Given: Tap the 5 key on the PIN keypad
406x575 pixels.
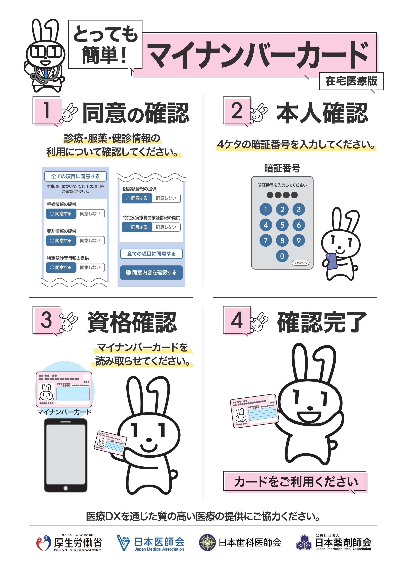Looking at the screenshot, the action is [x=282, y=225].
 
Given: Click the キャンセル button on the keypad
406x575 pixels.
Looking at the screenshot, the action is [x=300, y=262].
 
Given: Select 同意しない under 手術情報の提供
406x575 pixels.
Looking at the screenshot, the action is [x=90, y=214].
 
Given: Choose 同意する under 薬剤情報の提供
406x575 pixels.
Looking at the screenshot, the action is [x=61, y=240].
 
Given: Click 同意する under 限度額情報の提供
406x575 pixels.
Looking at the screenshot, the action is [x=137, y=198].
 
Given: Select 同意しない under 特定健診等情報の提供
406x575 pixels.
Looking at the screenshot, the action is [x=90, y=267].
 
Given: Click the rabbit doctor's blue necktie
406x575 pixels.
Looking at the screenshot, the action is [x=46, y=73].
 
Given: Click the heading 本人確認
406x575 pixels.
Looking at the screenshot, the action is [x=322, y=113].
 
